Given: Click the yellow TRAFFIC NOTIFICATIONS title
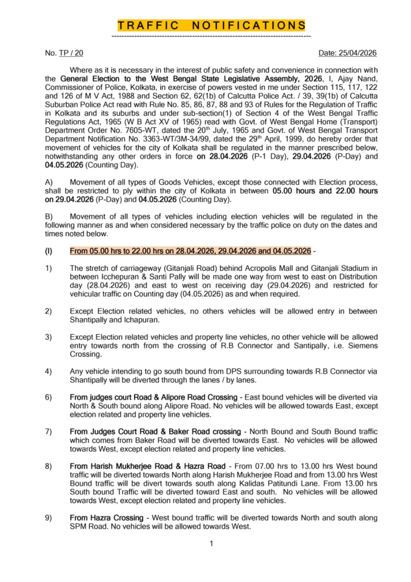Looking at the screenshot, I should point(211,26).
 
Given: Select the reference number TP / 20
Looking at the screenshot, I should point(71,53).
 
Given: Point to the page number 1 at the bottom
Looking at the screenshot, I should point(211,543).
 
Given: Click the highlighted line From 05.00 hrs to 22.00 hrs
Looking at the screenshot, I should point(190,251).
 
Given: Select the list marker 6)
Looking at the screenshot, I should point(49,396).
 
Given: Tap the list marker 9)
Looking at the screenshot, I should point(49,518).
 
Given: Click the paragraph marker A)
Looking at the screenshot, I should point(49,181).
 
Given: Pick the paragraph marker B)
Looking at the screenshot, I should point(49,216).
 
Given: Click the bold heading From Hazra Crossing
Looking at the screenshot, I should point(106,518).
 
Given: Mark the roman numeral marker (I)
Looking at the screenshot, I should point(49,251).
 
